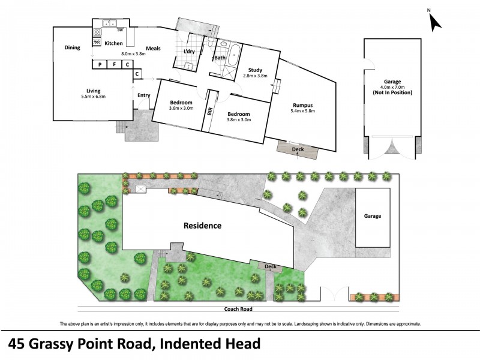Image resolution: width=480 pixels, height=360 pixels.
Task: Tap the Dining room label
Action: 73,47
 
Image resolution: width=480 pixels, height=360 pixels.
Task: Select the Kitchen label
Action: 113,43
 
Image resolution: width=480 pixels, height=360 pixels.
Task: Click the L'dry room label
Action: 188,52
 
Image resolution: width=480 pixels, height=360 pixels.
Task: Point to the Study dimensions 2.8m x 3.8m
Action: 254,76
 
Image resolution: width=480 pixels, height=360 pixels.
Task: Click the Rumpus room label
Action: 302,105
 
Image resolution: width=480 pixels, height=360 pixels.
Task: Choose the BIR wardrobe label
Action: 209,112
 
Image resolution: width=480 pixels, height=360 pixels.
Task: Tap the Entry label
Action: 144,95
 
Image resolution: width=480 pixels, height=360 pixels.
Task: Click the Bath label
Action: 220,58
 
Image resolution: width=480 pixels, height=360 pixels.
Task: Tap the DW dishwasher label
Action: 120,31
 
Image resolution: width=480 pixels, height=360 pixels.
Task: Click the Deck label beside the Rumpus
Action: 298,149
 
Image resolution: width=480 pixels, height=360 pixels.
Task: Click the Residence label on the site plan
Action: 202,226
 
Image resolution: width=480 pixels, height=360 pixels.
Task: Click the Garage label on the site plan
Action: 372,216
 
